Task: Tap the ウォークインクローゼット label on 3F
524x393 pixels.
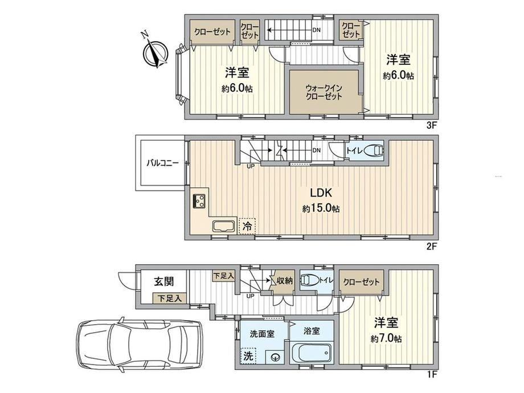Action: (324, 92)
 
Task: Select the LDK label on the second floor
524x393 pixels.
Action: (321, 193)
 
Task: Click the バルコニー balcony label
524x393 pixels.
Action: (163, 163)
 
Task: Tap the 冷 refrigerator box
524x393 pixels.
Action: (247, 226)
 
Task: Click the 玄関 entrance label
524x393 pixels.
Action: (164, 282)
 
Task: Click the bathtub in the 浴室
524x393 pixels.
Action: (312, 354)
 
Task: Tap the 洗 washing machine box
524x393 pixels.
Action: (248, 356)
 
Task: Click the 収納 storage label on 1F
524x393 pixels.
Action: (285, 281)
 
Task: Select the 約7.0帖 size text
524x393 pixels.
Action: (386, 339)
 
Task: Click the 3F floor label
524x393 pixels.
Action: (431, 125)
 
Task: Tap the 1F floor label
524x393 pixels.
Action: (432, 374)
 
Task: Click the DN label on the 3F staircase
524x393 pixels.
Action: (316, 30)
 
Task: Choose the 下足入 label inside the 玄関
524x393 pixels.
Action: (170, 298)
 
